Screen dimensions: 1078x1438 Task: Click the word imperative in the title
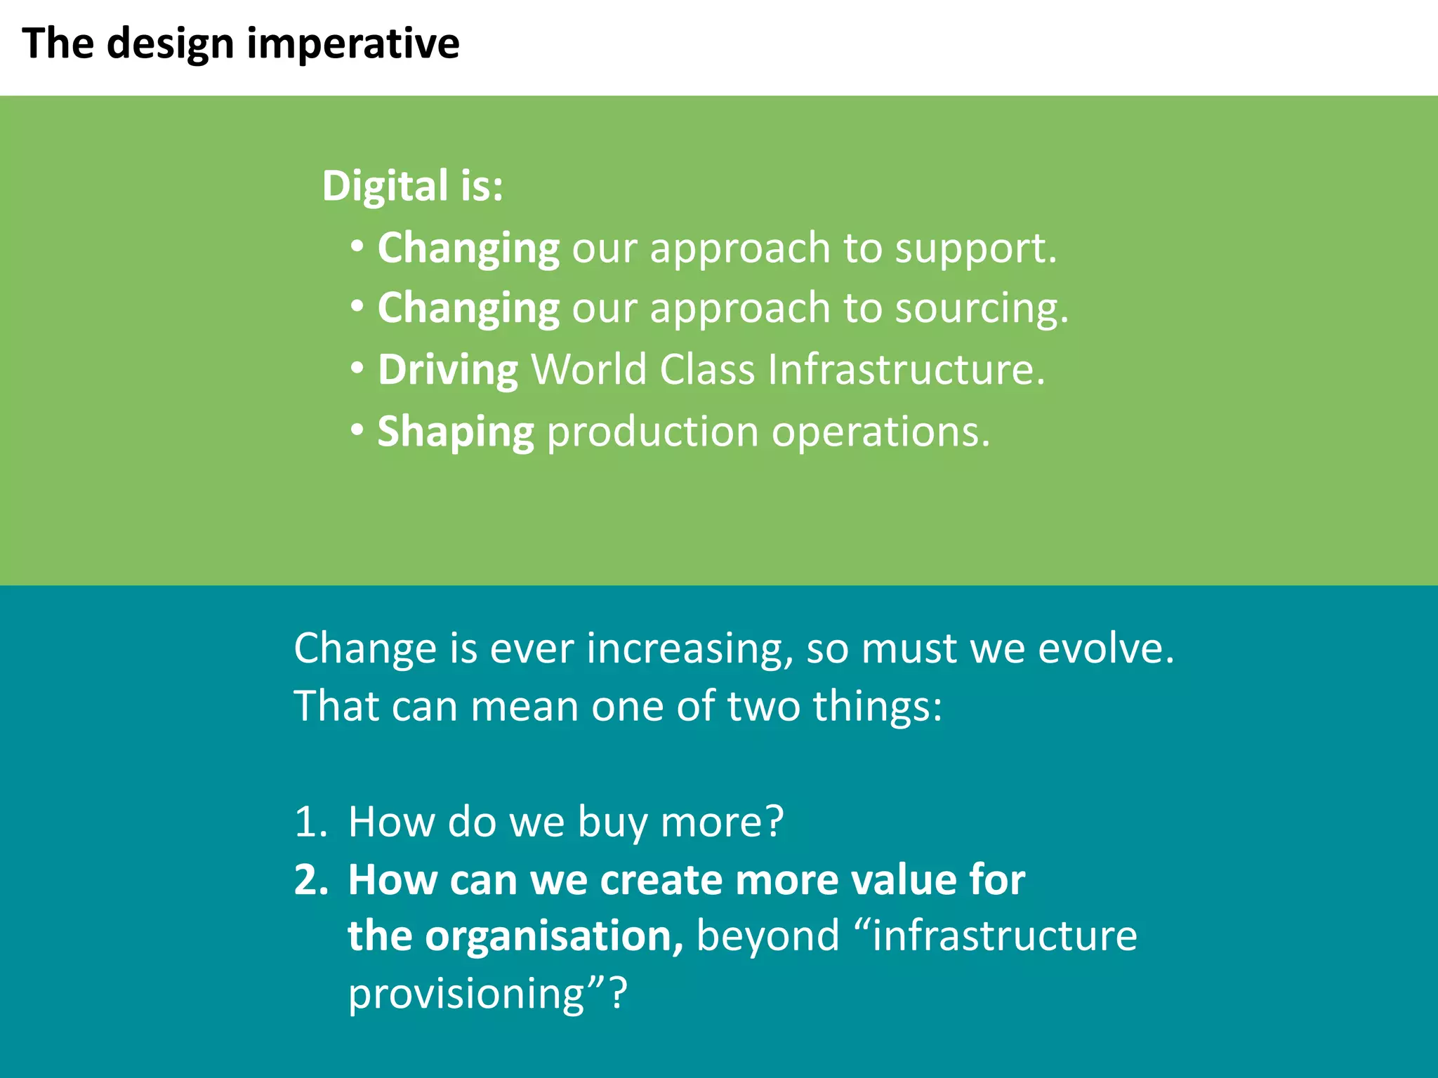pos(353,44)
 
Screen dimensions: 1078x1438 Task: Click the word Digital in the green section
pos(385,187)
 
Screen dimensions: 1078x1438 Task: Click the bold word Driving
pos(448,370)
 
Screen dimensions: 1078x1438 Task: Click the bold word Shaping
pos(456,432)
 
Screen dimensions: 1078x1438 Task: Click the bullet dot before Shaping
pos(357,428)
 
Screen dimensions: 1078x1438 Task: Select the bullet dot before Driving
pos(357,367)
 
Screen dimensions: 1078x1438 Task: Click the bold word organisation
pos(553,938)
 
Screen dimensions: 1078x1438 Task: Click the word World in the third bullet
pos(588,370)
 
